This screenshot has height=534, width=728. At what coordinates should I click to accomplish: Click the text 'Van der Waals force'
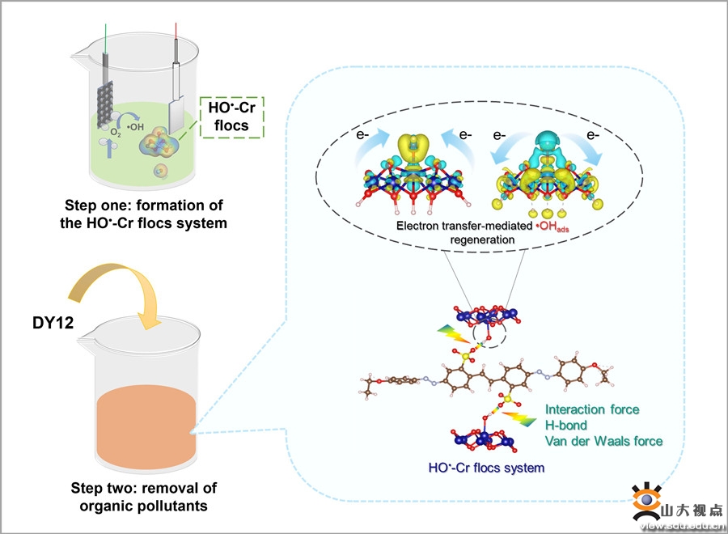pos(603,441)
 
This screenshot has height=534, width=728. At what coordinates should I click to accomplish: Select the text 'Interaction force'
pos(592,409)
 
